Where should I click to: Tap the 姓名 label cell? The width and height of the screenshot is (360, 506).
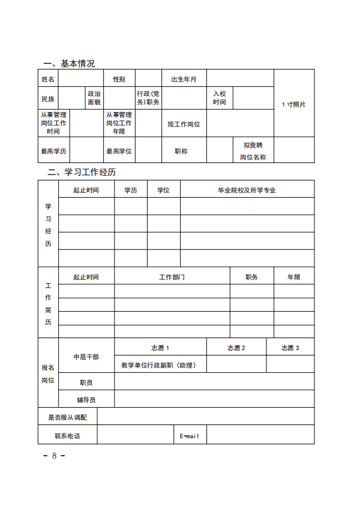tap(48, 79)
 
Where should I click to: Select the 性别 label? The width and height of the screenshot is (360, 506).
tap(119, 79)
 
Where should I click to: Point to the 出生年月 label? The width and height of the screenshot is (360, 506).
tap(184, 79)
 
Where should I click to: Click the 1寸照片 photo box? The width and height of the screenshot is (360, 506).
tap(293, 104)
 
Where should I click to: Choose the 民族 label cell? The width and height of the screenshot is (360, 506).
tap(48, 98)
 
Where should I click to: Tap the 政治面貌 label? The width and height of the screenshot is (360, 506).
tap(94, 98)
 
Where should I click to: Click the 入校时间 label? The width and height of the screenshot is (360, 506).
tap(219, 98)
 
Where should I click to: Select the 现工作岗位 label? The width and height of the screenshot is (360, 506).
tap(184, 124)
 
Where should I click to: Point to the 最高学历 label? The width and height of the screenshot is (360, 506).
tap(53, 151)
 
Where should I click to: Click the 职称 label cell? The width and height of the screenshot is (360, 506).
tap(181, 151)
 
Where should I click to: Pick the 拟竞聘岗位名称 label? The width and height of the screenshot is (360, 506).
tap(253, 151)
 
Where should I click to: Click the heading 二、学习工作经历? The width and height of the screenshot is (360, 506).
tap(82, 173)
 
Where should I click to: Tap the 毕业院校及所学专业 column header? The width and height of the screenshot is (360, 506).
tap(247, 190)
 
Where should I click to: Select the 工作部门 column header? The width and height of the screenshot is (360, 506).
tap(172, 277)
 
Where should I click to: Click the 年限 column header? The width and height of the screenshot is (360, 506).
tap(293, 277)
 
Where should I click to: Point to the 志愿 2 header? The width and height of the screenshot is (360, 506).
tap(236, 348)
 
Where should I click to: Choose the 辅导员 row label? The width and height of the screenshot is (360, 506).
tap(86, 399)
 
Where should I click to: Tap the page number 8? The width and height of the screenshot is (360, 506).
tap(54, 456)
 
